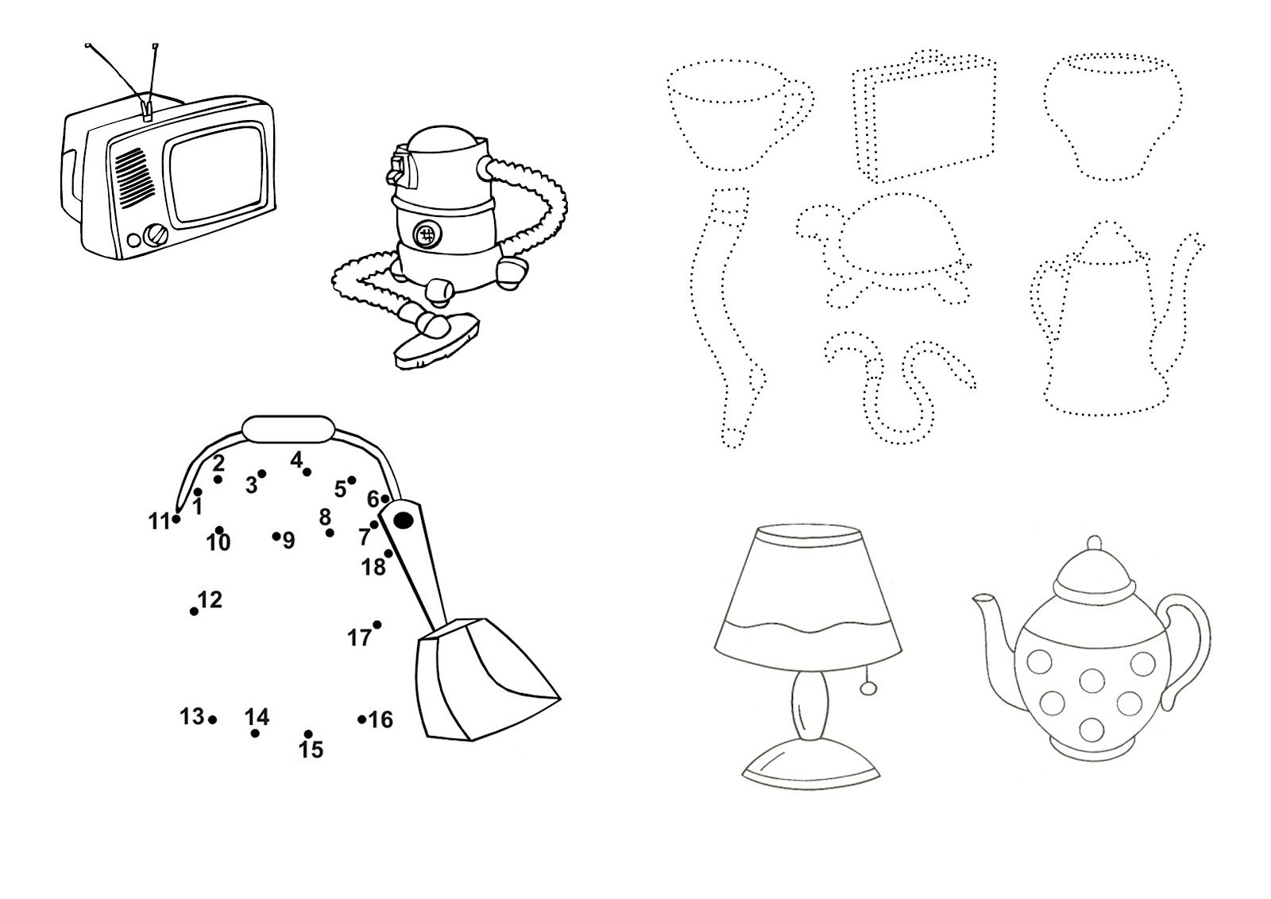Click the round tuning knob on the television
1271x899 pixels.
[x=156, y=236]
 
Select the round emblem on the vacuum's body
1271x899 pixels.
[x=425, y=233]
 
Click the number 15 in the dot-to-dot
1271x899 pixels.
[x=311, y=750]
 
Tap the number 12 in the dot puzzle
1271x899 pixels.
[x=210, y=599]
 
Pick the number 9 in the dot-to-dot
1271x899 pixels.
[x=289, y=541]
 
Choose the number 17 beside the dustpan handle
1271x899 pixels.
[x=359, y=638]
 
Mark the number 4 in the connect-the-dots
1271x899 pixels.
[x=296, y=460]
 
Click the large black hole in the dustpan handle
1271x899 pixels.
[x=404, y=520]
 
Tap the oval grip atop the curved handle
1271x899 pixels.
[x=288, y=429]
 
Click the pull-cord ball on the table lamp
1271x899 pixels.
[x=867, y=689]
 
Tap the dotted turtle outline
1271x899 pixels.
[x=883, y=250]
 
